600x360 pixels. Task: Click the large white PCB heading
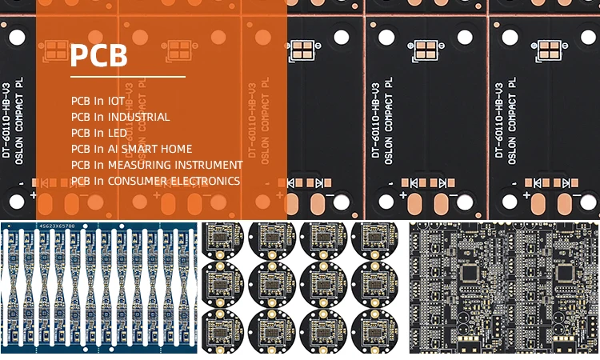point(98,56)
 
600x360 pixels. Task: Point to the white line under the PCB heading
point(128,77)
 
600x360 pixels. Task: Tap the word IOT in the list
point(116,102)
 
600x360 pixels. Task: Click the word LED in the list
point(117,134)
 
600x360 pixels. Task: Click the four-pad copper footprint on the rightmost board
point(549,50)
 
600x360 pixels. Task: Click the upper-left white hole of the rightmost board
point(506,37)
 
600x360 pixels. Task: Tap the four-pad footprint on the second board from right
point(424,50)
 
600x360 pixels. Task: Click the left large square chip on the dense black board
point(470,274)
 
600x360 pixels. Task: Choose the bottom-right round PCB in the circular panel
point(374,329)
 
